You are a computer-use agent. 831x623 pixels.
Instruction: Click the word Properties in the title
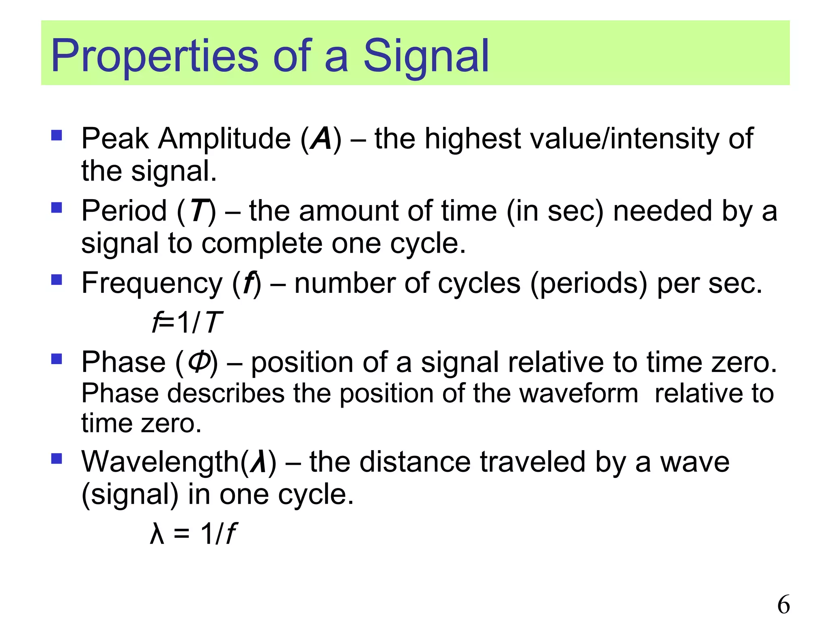[154, 56]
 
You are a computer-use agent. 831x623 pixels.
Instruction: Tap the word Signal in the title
[426, 56]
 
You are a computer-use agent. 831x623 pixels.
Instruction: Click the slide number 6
[783, 605]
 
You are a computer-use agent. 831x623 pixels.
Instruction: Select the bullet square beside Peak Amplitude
[57, 135]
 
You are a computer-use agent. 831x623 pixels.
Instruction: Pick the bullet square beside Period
[57, 208]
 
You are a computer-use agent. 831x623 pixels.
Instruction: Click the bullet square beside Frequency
[57, 279]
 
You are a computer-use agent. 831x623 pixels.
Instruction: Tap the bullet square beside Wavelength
[57, 458]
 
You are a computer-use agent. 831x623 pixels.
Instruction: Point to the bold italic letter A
[321, 139]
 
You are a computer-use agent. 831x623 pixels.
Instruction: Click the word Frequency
[152, 283]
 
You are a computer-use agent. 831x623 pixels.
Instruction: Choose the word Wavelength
[161, 462]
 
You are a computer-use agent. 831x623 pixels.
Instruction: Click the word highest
[472, 139]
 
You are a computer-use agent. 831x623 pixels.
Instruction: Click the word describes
[226, 393]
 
